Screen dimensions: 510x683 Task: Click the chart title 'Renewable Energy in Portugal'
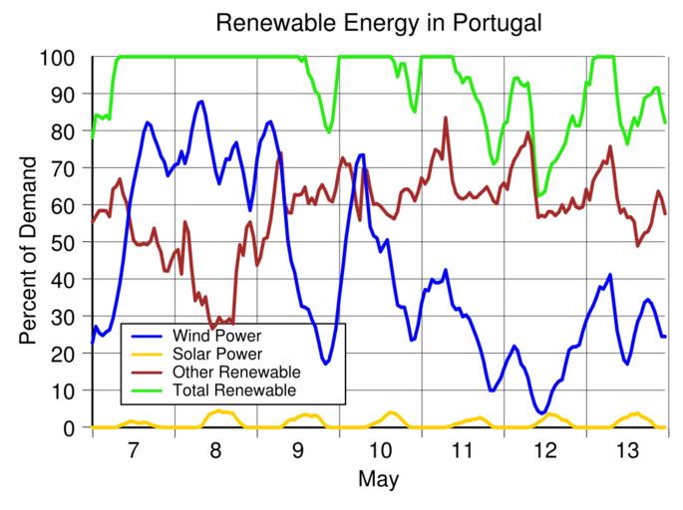pyautogui.click(x=379, y=22)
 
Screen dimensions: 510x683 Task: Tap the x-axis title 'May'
pyautogui.click(x=379, y=480)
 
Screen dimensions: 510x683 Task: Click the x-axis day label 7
pyautogui.click(x=134, y=450)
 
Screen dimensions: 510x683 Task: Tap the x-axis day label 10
pyautogui.click(x=380, y=450)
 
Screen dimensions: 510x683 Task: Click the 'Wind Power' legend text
pyautogui.click(x=216, y=336)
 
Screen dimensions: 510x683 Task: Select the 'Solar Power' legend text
pyautogui.click(x=217, y=354)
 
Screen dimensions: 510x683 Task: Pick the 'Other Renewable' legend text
pyautogui.click(x=235, y=372)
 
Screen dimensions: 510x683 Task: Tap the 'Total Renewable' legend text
pyautogui.click(x=234, y=389)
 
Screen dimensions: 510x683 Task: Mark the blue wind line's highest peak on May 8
pyautogui.click(x=202, y=102)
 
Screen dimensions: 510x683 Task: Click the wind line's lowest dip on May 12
pyautogui.click(x=541, y=412)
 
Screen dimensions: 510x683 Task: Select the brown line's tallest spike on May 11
pyautogui.click(x=446, y=118)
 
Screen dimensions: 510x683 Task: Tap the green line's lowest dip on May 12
pyautogui.click(x=539, y=195)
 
